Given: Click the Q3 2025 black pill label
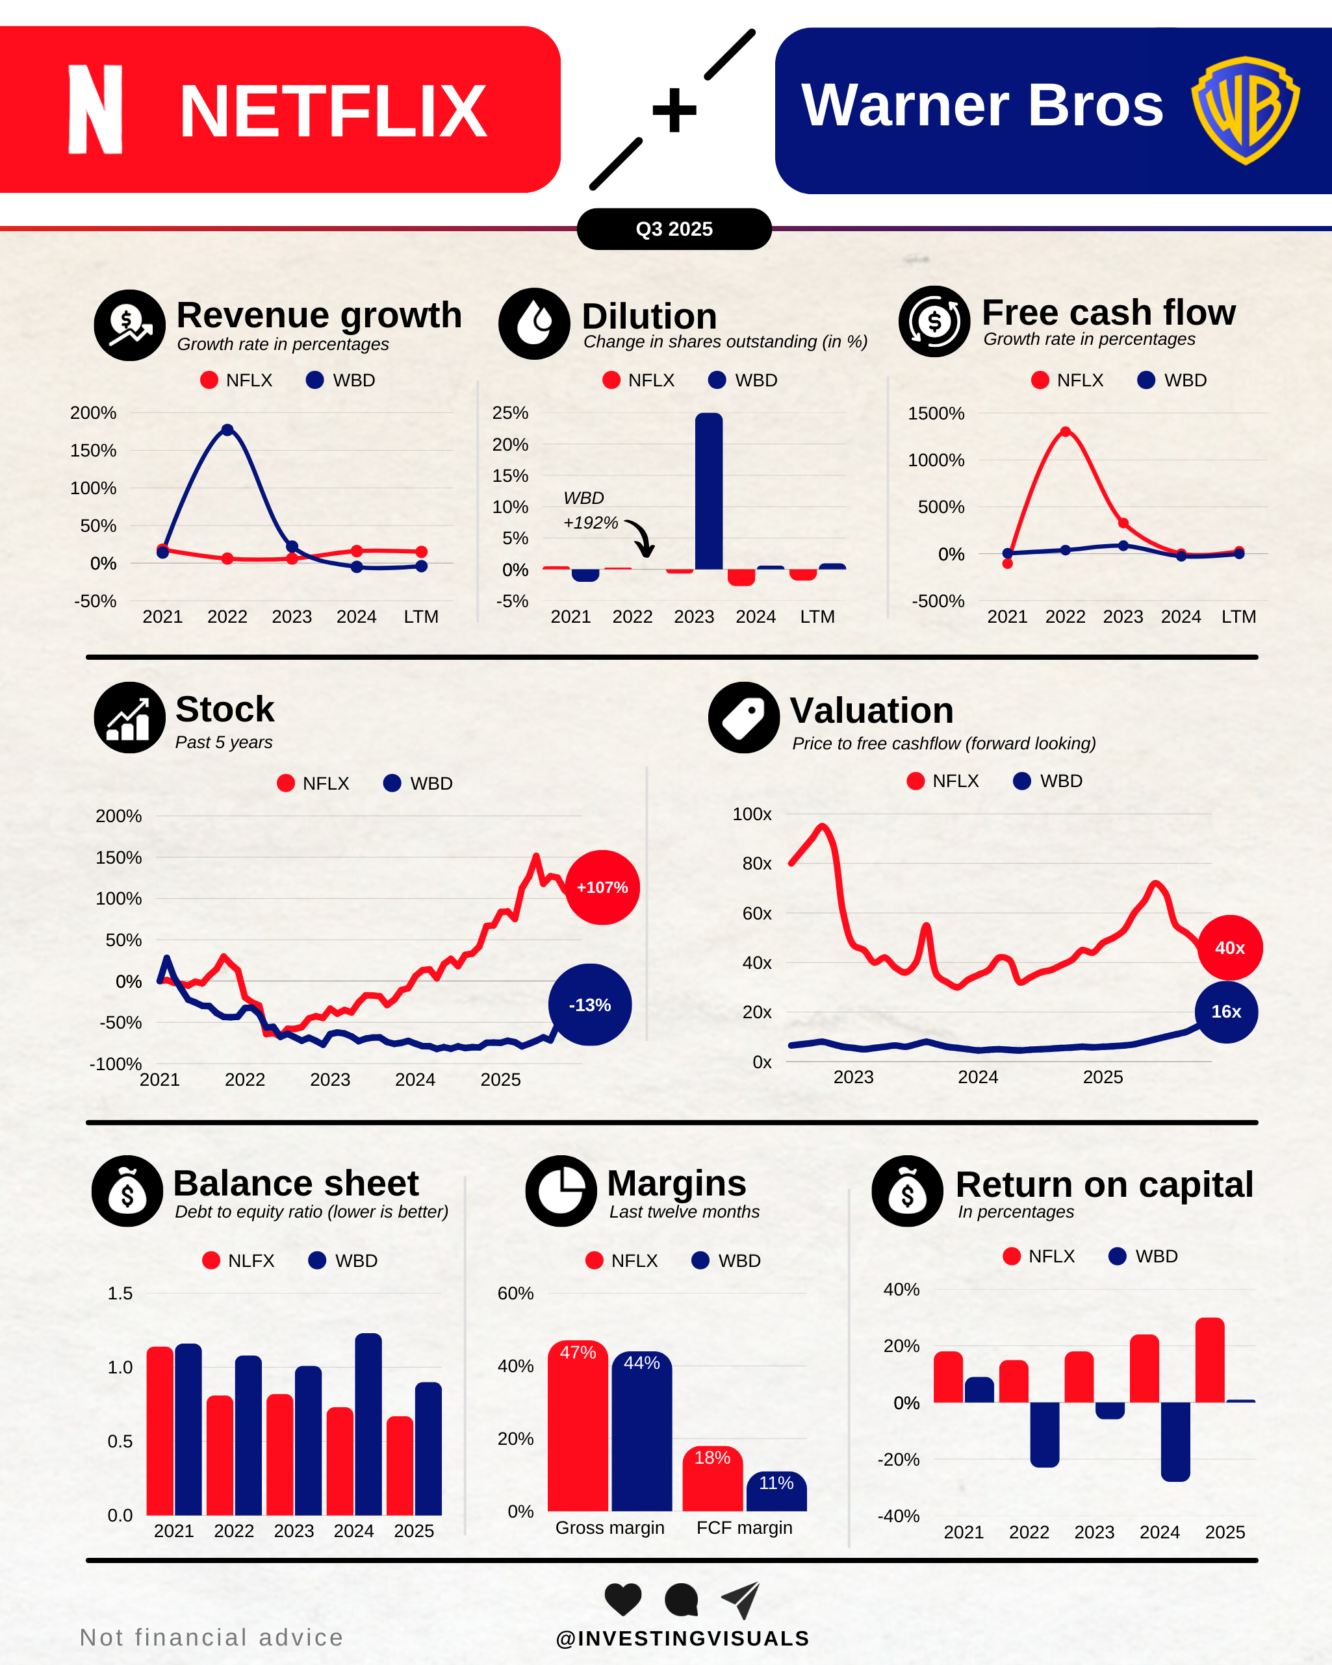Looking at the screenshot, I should [674, 229].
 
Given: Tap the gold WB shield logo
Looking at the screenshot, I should [1245, 110].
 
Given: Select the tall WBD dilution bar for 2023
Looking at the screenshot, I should [708, 492].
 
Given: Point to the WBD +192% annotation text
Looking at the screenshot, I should [589, 510].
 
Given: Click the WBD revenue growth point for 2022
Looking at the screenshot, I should [227, 430].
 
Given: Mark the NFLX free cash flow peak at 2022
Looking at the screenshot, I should [1066, 432].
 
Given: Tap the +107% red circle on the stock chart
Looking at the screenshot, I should [602, 887].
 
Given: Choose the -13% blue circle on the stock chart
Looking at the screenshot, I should [589, 1005].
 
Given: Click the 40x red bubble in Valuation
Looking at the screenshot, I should [1229, 947].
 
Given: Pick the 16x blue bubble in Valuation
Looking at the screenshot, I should [1226, 1012].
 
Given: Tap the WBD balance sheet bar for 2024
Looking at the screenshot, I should [368, 1424].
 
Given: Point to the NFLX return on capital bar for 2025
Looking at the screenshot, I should [1209, 1360].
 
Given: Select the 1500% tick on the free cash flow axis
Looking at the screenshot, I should [936, 414].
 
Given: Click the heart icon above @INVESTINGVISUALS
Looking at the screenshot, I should [622, 1599].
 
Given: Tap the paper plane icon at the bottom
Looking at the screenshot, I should [741, 1599].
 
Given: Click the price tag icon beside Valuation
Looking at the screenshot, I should [743, 718].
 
